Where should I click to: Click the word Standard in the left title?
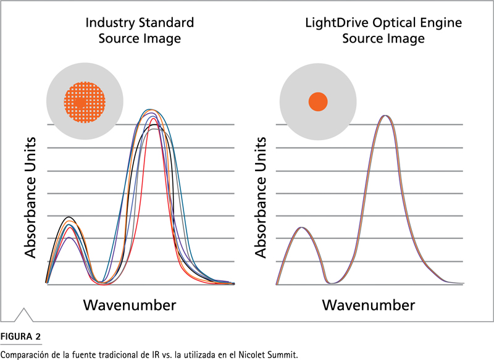(166, 23)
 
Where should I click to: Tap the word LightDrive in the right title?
(337, 23)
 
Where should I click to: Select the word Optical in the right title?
(393, 23)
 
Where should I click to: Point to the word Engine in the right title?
(440, 23)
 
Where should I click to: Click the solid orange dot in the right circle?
(318, 102)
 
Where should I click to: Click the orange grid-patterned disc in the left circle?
(85, 102)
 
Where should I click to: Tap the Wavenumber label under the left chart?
(130, 305)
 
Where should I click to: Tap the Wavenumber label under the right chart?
(368, 305)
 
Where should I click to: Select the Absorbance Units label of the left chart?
(30, 198)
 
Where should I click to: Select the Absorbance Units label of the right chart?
(261, 198)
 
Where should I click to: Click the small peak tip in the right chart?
(301, 227)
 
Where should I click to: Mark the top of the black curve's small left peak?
(69, 217)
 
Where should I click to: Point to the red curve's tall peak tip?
(153, 119)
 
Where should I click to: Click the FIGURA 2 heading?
(20, 337)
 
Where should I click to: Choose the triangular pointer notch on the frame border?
(23, 315)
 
